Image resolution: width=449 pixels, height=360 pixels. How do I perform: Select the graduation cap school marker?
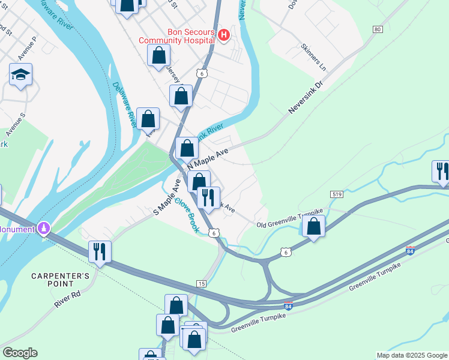(20, 75)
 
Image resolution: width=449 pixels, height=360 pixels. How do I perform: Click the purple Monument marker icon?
(43, 228)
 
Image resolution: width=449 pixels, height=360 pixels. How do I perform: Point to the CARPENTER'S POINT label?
(61, 280)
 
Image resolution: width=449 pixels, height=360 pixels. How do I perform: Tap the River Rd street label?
(66, 299)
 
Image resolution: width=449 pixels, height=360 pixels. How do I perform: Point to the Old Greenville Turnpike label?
(289, 221)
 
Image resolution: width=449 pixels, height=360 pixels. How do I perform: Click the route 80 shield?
(377, 29)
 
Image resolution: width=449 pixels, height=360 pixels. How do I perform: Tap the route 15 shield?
(201, 283)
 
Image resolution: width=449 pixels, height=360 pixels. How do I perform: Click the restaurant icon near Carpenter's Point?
(100, 251)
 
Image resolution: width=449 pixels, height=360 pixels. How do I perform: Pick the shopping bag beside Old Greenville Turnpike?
(313, 226)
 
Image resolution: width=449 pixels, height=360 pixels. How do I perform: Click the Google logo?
(20, 353)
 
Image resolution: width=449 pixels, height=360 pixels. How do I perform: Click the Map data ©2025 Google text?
(412, 356)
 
